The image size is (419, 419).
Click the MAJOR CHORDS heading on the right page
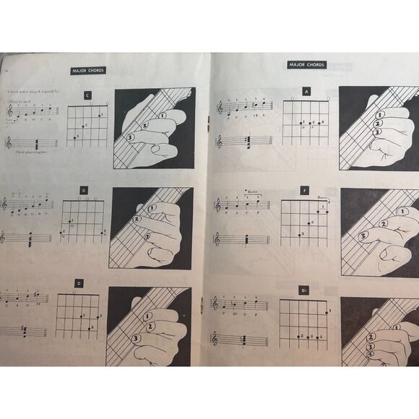(x=307, y=65)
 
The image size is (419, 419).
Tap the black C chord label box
(x=87, y=95)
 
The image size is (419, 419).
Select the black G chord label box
(x=84, y=191)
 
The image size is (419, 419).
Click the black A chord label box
(x=306, y=92)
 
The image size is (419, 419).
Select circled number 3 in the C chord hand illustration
(x=130, y=137)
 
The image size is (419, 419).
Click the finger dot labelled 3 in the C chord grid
(x=74, y=136)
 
